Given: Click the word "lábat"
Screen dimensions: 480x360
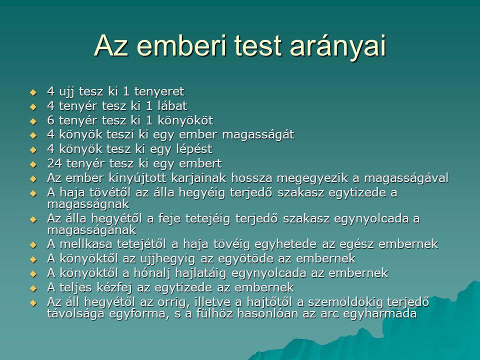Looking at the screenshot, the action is pyautogui.click(x=171, y=105).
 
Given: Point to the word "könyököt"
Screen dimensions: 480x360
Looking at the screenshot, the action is pyautogui.click(x=185, y=120).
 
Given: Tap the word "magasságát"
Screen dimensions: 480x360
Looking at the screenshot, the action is pyautogui.click(x=258, y=134).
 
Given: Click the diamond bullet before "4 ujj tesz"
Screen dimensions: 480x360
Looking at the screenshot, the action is pyautogui.click(x=33, y=92).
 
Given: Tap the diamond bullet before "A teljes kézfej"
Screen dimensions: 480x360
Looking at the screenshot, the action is pyautogui.click(x=33, y=288).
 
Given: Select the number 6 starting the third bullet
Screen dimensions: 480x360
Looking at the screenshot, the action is pyautogui.click(x=51, y=120).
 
